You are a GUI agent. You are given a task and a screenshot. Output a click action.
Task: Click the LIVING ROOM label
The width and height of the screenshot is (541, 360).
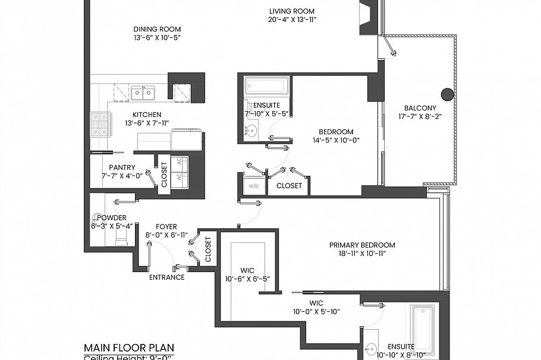(x=291, y=11)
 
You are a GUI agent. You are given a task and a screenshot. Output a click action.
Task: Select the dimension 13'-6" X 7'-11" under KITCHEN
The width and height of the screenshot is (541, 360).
(x=147, y=123)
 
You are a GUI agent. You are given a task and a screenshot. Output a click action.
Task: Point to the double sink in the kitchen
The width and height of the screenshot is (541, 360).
(x=143, y=93)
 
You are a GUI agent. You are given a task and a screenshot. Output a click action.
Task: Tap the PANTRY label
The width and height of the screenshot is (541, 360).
(x=122, y=168)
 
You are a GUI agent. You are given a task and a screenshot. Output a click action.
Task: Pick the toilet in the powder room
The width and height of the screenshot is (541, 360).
(x=121, y=238)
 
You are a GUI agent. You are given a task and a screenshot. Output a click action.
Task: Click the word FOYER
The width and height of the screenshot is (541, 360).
(x=166, y=226)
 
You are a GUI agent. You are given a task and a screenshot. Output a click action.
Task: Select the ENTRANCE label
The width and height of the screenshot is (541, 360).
(x=166, y=277)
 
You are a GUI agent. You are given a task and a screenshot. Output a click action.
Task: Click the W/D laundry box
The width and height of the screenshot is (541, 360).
(x=253, y=185)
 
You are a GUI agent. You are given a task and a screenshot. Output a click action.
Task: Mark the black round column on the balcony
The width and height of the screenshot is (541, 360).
(x=446, y=93)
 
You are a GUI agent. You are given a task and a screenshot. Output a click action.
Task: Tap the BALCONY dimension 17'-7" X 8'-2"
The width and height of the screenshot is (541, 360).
(x=420, y=117)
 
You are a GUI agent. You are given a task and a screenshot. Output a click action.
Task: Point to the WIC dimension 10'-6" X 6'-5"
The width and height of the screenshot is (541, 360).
(x=247, y=279)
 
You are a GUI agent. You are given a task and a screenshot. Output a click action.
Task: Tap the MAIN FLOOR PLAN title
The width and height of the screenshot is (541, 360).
(x=129, y=348)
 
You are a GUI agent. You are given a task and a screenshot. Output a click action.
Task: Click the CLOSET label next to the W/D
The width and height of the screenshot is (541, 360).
(x=288, y=185)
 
